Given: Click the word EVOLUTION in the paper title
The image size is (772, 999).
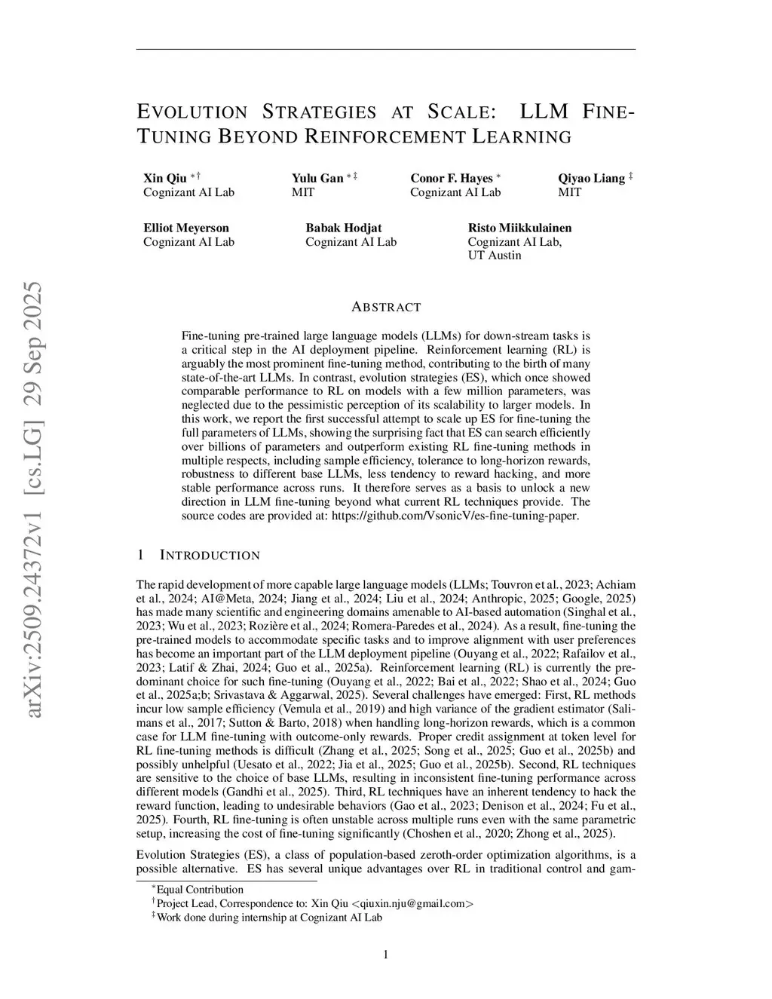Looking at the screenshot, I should [192, 112].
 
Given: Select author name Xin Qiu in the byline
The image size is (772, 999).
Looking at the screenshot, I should [165, 179].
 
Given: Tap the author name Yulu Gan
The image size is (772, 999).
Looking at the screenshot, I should [317, 179].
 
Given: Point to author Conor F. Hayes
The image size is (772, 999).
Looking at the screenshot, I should [451, 179].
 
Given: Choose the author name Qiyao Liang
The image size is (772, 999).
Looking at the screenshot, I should [591, 179].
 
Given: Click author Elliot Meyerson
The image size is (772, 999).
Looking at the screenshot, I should [186, 228].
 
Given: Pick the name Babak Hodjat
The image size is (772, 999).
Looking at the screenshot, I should [343, 228].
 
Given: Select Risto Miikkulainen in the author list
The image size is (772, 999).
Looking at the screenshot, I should [519, 228].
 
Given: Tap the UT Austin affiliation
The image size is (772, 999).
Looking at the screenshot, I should [495, 255].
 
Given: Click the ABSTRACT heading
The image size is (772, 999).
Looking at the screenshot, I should [386, 307].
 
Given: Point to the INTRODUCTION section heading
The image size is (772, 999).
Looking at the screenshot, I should [210, 556].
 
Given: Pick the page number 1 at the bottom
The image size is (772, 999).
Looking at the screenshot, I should [386, 955].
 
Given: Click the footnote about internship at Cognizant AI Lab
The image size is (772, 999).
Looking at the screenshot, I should [269, 917].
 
